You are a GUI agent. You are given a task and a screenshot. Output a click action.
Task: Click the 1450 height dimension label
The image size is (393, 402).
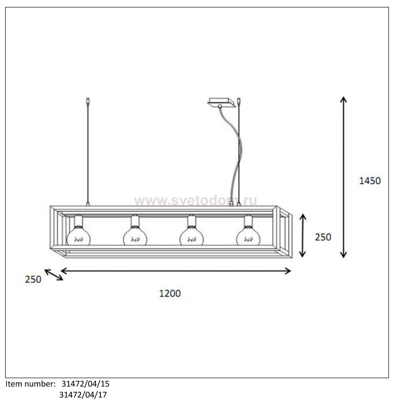(369, 181)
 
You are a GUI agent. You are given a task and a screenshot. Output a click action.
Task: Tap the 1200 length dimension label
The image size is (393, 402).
(170, 294)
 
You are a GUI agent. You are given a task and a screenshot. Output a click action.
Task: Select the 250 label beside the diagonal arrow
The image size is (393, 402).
(33, 280)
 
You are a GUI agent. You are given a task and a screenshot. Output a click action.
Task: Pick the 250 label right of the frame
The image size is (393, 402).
(323, 237)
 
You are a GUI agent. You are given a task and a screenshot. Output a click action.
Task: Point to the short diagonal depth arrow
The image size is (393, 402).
(54, 275)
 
